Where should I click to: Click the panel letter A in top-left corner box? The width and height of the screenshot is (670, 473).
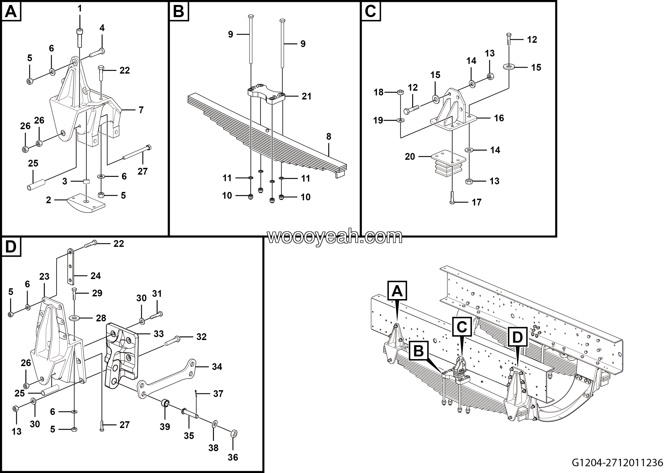tap(11, 12)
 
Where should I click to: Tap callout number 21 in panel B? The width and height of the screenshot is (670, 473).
tap(306, 96)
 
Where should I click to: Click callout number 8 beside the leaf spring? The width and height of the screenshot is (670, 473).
tap(328, 137)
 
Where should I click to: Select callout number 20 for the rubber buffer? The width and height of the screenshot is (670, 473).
tap(410, 157)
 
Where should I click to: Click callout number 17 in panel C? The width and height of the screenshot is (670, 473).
tap(476, 202)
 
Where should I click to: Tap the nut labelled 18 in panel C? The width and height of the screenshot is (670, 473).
tap(401, 92)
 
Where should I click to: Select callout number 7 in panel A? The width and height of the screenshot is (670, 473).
tap(141, 110)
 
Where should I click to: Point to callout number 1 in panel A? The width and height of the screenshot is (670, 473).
tap(79, 9)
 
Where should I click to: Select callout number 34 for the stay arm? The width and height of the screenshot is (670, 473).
tap(217, 367)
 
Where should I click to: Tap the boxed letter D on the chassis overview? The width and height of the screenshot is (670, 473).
tap(517, 337)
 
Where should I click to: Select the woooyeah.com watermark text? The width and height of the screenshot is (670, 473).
tap(335, 237)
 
